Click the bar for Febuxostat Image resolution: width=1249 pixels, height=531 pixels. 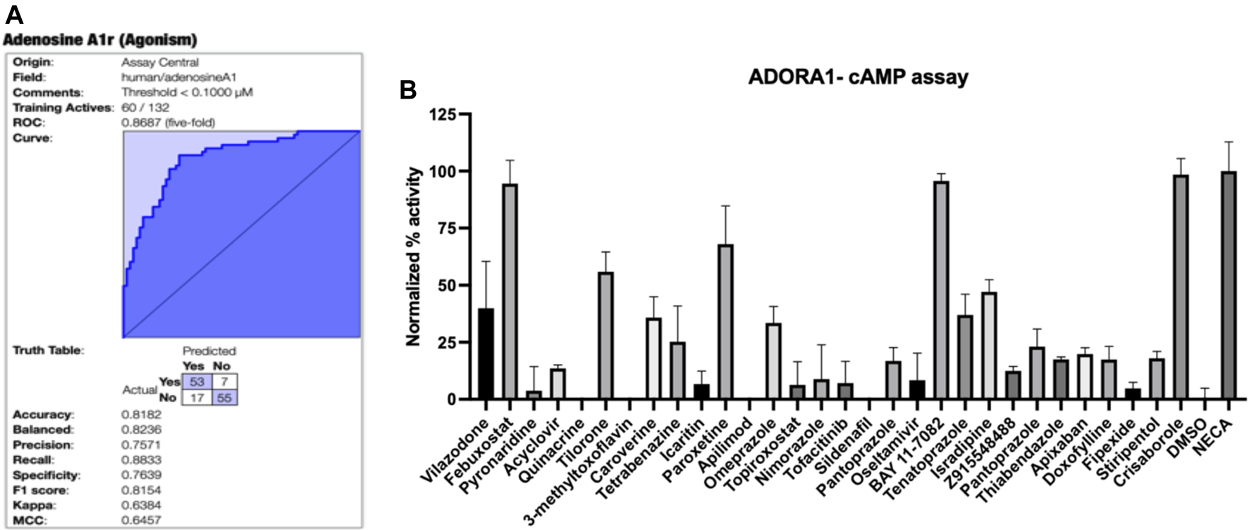click(x=510, y=292)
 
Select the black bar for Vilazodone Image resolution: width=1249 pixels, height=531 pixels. click(x=486, y=354)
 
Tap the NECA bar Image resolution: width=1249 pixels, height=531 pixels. click(x=1229, y=285)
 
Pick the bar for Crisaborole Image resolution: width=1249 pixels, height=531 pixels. click(x=1181, y=287)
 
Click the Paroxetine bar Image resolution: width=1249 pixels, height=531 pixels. click(x=725, y=322)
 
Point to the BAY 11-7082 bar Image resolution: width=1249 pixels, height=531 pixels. click(x=941, y=290)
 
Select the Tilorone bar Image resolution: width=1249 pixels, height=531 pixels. click(x=605, y=335)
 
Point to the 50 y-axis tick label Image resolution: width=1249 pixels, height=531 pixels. click(x=444, y=285)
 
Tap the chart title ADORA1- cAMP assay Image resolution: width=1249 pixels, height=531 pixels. click(x=858, y=77)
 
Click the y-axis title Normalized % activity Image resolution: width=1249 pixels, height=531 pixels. click(x=414, y=256)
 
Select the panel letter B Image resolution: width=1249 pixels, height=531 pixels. click(x=408, y=90)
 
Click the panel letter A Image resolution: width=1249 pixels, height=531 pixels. click(x=14, y=14)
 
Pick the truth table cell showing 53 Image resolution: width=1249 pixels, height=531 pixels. click(x=197, y=382)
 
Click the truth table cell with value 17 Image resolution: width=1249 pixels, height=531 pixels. click(x=197, y=397)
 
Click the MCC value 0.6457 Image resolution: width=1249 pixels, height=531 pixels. click(x=141, y=520)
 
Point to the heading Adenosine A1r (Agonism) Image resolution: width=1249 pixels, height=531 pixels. click(x=100, y=39)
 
